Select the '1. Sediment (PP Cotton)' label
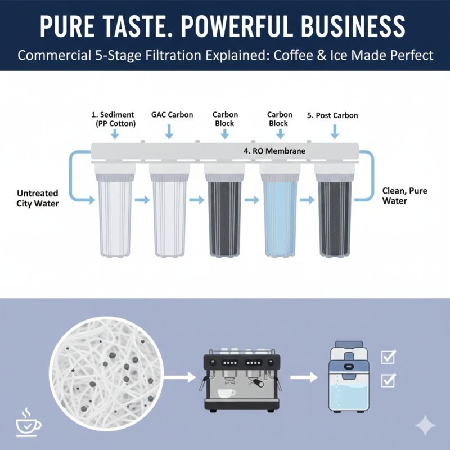click(114, 119)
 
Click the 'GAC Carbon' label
click(172, 115)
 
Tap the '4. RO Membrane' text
click(274, 150)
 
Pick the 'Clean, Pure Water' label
click(404, 196)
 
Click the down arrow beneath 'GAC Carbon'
click(169, 133)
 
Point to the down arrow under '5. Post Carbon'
click(335, 133)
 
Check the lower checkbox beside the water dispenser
click(388, 382)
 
